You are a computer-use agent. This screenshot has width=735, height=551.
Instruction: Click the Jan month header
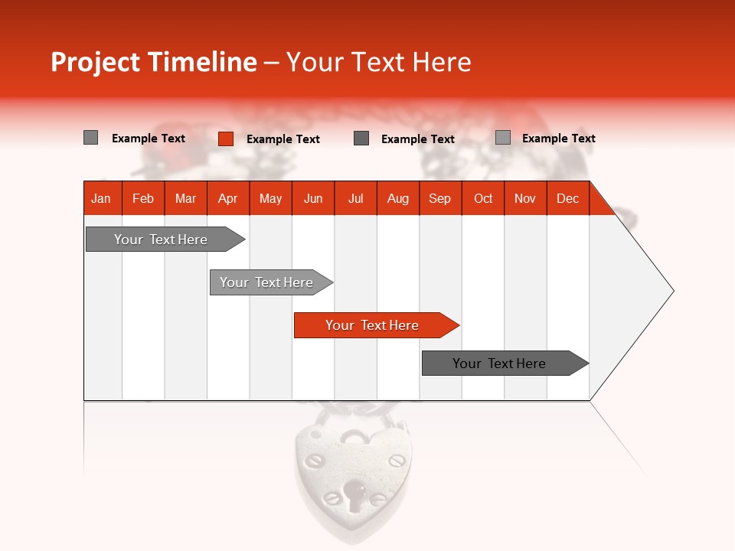click(101, 198)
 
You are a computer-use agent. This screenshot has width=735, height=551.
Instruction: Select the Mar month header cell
click(185, 198)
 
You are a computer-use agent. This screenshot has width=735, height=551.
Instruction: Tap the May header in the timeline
click(270, 198)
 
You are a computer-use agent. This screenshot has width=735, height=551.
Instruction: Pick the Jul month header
click(355, 198)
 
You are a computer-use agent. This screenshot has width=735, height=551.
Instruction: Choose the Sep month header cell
click(439, 198)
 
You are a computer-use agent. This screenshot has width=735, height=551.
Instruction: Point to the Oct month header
click(483, 198)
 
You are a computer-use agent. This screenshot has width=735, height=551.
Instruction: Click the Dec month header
click(567, 198)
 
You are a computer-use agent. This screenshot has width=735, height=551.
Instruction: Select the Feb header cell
click(143, 198)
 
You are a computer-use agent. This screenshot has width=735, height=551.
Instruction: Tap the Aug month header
click(397, 198)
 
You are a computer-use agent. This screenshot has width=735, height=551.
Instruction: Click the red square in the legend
click(225, 139)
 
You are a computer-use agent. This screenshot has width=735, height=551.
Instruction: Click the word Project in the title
click(96, 63)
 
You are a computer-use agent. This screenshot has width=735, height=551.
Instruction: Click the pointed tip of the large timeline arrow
click(672, 291)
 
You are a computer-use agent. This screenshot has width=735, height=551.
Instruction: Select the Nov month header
click(525, 198)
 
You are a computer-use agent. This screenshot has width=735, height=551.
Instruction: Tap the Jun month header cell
click(313, 198)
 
